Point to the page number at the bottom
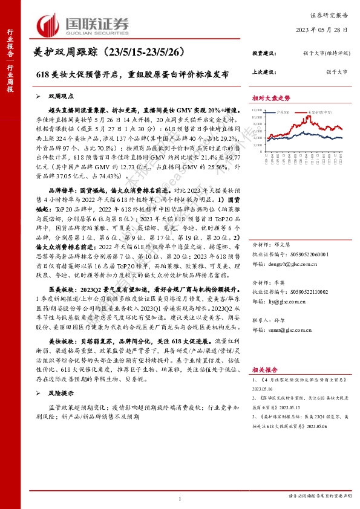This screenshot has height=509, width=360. point(180,499)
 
